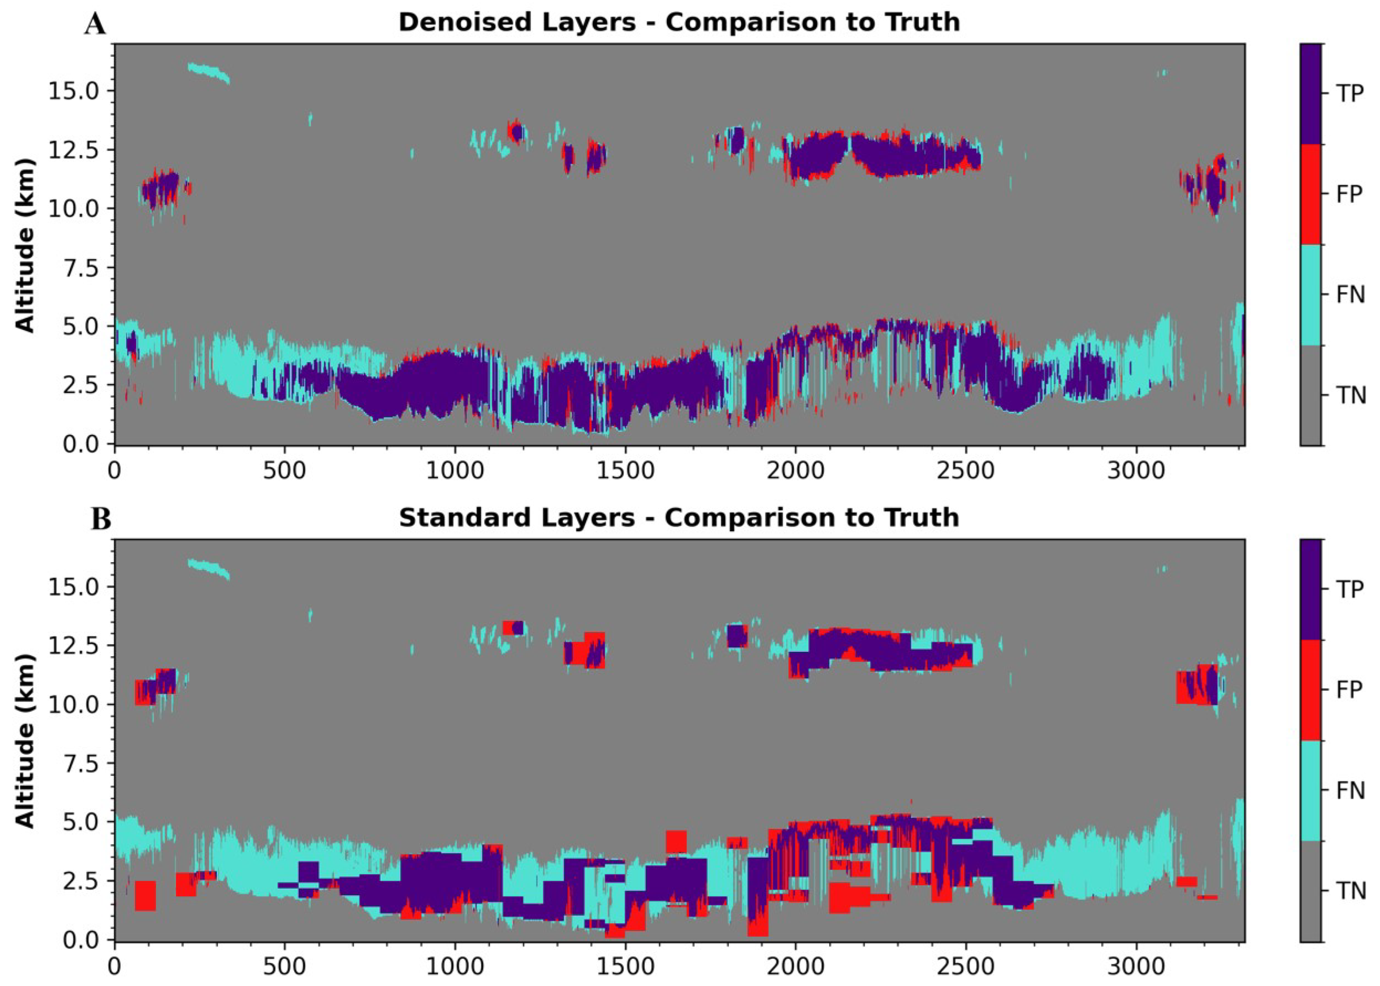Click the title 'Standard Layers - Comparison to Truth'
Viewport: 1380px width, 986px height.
[678, 518]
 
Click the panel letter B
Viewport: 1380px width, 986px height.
[101, 520]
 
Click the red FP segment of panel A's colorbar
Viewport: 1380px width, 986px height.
[1310, 194]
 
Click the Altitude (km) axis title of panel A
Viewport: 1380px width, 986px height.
[24, 246]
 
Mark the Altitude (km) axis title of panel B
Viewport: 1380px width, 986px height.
[24, 741]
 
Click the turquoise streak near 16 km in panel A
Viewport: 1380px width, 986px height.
[209, 73]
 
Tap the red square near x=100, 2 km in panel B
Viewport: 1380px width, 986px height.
[145, 895]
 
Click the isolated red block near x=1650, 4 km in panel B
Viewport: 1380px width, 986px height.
[676, 842]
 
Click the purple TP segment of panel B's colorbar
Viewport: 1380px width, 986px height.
[1310, 589]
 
